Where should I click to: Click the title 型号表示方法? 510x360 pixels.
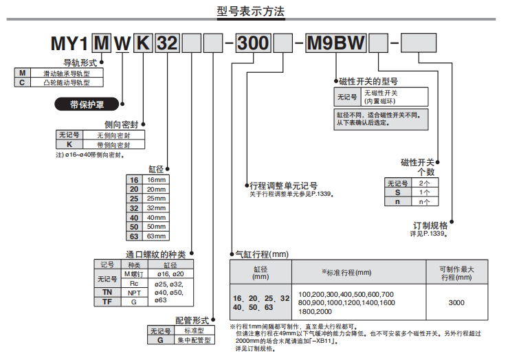point(250,12)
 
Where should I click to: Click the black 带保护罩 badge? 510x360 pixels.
point(87,104)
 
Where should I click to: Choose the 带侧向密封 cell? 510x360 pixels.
point(113,145)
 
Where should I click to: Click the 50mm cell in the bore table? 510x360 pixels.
point(157,227)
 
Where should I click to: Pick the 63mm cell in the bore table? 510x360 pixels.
point(157,236)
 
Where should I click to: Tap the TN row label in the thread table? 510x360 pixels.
point(107,293)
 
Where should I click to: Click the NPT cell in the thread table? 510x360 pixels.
point(135,293)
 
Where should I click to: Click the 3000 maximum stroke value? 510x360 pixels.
point(456,302)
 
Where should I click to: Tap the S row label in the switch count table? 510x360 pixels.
point(397,192)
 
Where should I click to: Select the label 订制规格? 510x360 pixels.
point(430,225)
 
